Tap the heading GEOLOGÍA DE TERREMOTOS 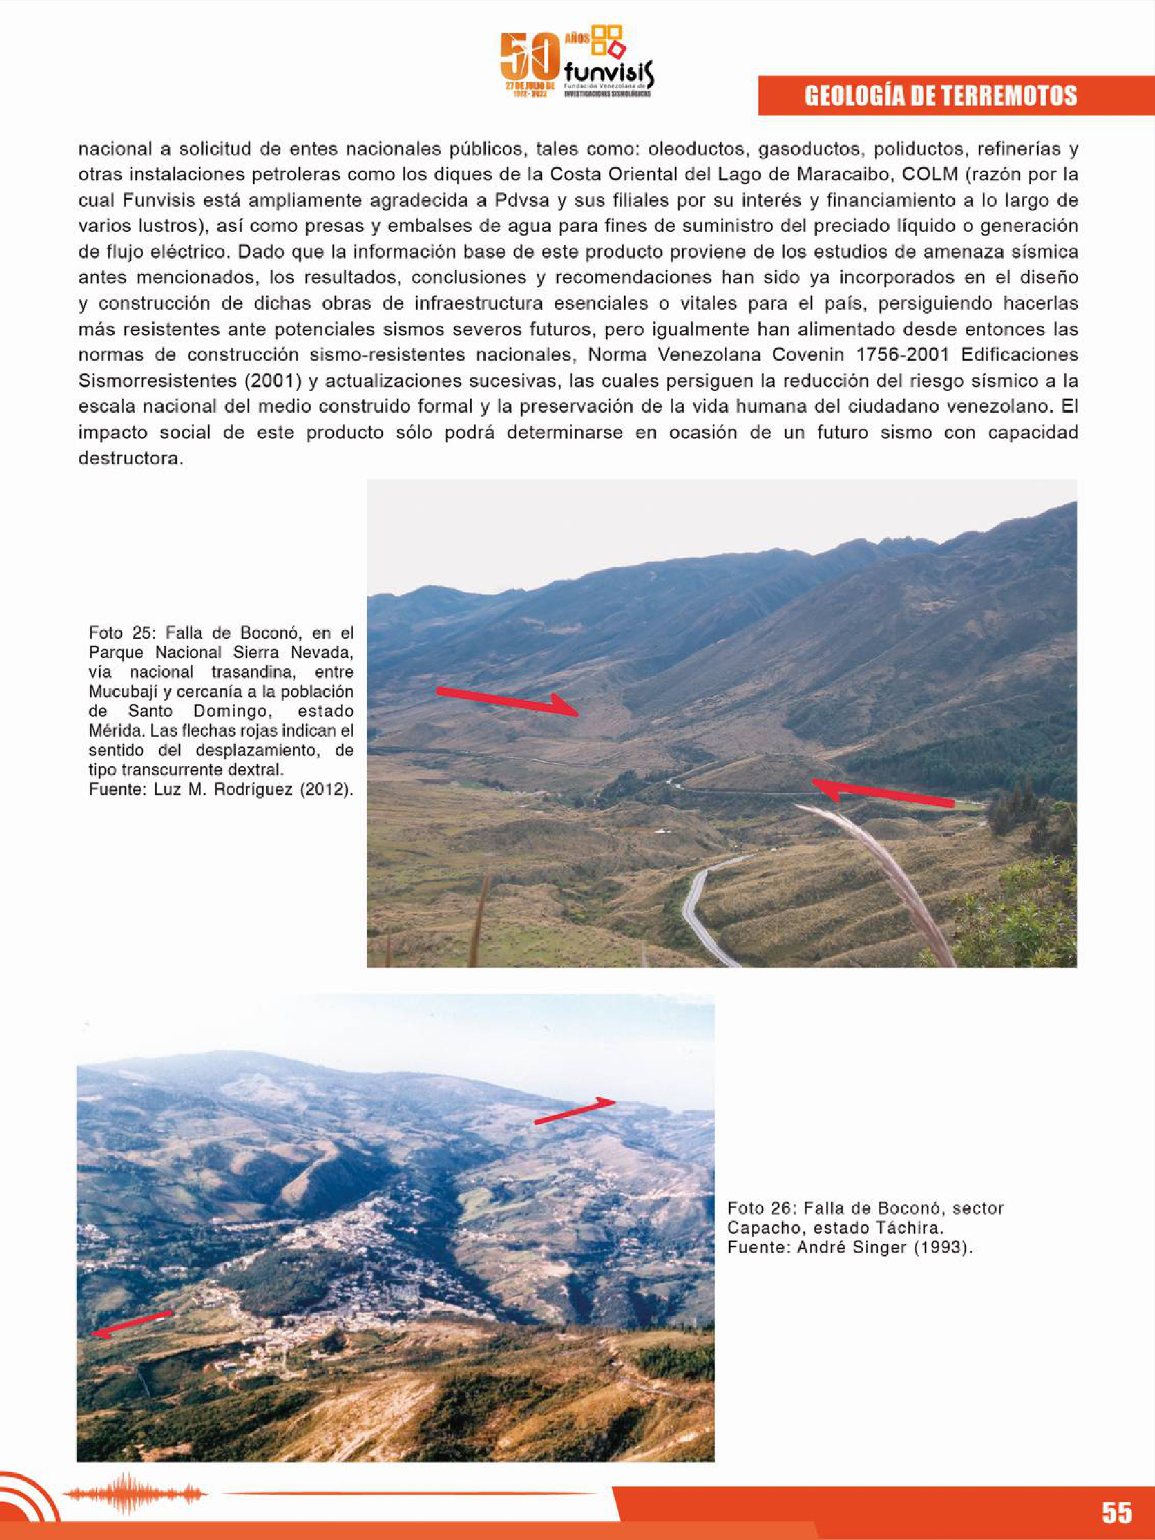point(940,95)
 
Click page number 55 point(1117,1512)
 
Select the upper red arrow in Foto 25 point(507,701)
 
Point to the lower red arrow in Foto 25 point(883,793)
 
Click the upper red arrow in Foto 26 point(575,1110)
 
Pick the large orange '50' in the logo point(530,58)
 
